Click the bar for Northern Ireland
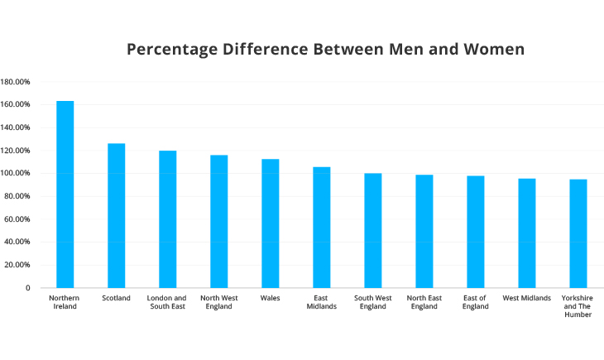click(x=65, y=194)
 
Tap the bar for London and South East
click(x=167, y=219)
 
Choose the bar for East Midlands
click(x=321, y=228)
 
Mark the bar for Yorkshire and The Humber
click(x=578, y=233)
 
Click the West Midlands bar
click(x=526, y=233)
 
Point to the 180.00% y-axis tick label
click(x=16, y=82)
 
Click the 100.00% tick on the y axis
click(x=16, y=174)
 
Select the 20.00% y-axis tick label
click(x=17, y=266)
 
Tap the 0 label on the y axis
click(x=27, y=288)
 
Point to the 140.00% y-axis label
click(x=16, y=127)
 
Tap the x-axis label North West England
click(x=218, y=302)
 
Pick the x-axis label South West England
click(x=372, y=302)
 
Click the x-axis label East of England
click(x=475, y=302)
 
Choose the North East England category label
click(x=424, y=302)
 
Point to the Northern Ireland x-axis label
click(x=65, y=302)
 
